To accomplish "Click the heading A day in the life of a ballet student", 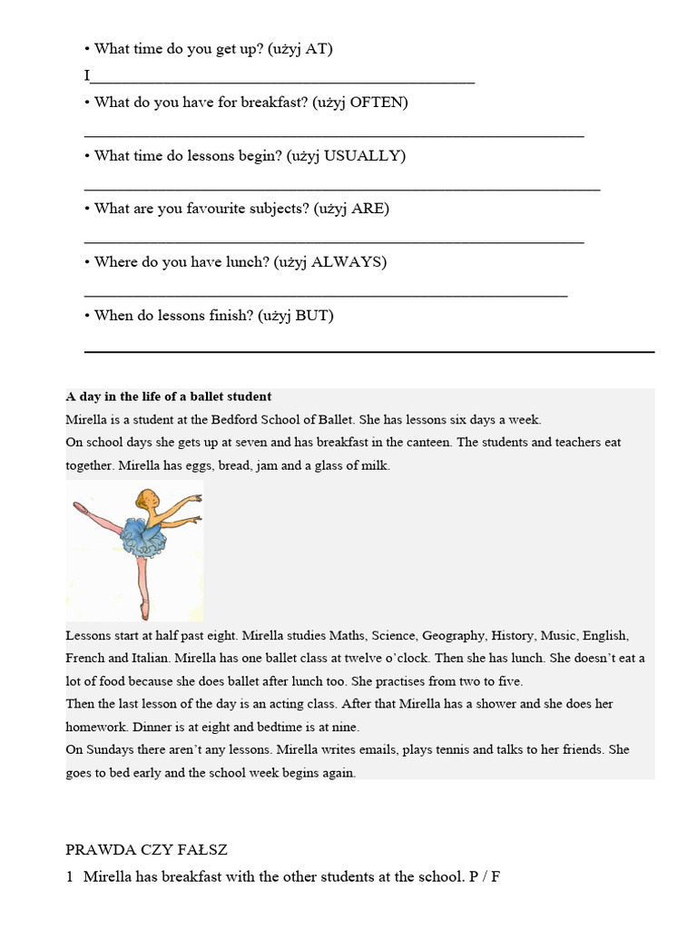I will point(169,397).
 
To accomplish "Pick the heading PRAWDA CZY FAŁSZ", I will point(146,850).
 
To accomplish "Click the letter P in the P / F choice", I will point(473,878).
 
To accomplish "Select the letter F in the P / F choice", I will point(496,878).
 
